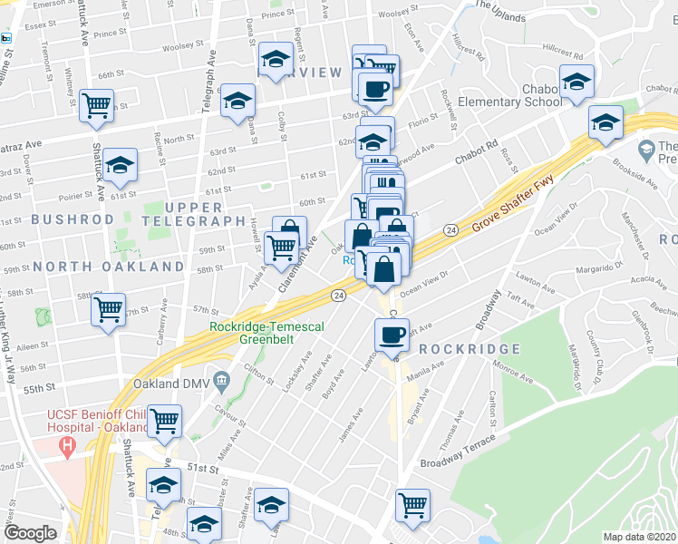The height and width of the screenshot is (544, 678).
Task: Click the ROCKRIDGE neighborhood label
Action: click(x=470, y=349)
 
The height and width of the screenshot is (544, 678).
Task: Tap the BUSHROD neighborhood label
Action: click(x=73, y=219)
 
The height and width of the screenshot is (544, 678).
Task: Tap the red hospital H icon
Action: click(x=66, y=446)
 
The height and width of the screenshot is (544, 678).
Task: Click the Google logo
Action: click(x=30, y=533)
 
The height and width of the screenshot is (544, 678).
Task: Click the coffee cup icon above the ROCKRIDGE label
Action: click(x=392, y=334)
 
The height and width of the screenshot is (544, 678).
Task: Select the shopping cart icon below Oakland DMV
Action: click(x=166, y=420)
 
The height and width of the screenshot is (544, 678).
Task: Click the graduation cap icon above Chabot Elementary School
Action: click(x=576, y=80)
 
